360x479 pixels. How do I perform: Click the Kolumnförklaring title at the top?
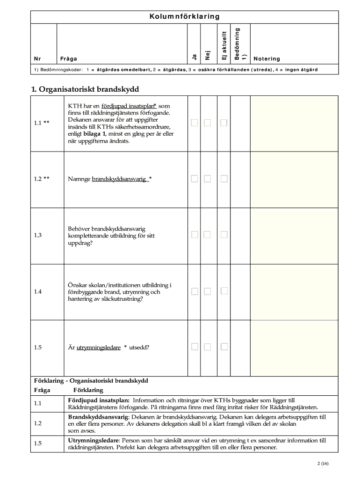(184, 17)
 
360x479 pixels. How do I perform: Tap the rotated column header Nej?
(208, 55)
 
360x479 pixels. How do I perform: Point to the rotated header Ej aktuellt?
(224, 46)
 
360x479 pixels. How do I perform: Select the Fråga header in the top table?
(69, 59)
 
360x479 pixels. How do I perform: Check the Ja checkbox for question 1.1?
(194, 123)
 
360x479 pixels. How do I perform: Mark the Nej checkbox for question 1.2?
(208, 179)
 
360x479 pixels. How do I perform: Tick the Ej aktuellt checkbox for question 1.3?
(224, 235)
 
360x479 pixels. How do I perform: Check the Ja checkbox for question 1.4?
(194, 291)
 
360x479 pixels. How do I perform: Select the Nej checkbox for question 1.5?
(208, 347)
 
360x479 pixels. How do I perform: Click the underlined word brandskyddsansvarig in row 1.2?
(119, 179)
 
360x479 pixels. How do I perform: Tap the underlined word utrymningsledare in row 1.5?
(98, 347)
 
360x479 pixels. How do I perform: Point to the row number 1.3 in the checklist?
(38, 235)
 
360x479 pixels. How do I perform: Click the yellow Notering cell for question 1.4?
(294, 291)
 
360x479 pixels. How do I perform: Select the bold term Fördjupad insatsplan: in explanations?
(99, 400)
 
